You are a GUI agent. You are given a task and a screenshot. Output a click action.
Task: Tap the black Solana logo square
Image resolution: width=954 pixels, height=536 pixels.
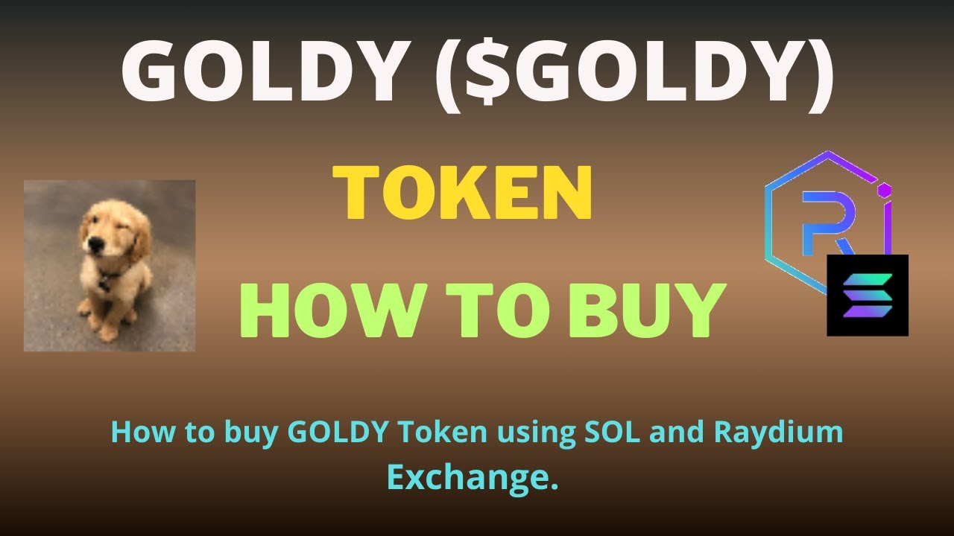(868, 295)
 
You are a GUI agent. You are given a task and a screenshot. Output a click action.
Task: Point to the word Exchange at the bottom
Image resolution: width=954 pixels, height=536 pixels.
(473, 476)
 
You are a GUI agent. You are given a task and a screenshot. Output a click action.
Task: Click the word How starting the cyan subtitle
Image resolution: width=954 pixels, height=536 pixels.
(139, 433)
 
